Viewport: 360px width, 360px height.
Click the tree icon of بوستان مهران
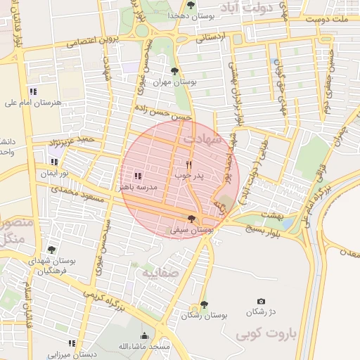click(x=174, y=70)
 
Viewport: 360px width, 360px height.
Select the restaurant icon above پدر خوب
click(x=188, y=164)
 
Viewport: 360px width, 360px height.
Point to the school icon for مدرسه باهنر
click(x=137, y=175)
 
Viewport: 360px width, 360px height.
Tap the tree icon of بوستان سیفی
click(x=192, y=219)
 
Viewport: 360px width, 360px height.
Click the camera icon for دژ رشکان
click(x=262, y=301)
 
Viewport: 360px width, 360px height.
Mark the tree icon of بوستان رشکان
click(x=204, y=304)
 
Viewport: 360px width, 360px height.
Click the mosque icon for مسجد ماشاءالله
click(x=145, y=336)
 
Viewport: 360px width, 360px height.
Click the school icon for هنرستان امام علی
click(x=33, y=91)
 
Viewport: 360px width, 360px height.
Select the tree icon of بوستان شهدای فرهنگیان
click(x=51, y=250)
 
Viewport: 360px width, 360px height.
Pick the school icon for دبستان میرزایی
click(x=72, y=343)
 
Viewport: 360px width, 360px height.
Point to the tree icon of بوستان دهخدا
click(x=191, y=5)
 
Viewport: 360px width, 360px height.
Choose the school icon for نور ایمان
click(x=55, y=162)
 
